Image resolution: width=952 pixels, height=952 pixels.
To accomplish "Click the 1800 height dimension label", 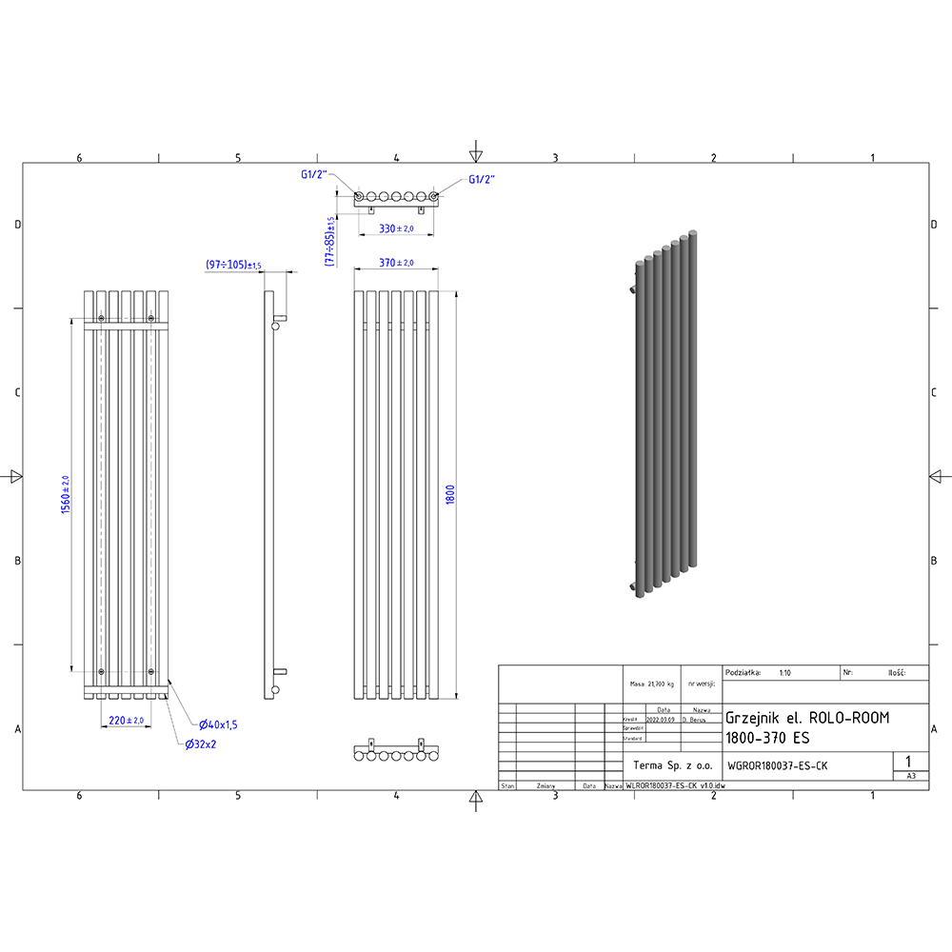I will tap(450, 495).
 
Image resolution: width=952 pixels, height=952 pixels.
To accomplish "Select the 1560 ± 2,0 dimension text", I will tap(66, 495).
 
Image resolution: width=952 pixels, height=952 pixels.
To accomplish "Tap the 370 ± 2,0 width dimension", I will tap(395, 263).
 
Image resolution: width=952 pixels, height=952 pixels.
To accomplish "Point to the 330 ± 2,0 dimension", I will tap(395, 228).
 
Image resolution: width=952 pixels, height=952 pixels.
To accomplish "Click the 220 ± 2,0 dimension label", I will tap(125, 721).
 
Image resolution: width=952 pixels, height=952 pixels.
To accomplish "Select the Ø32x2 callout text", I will tap(201, 744).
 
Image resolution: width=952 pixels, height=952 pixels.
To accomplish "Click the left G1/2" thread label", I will tap(314, 175).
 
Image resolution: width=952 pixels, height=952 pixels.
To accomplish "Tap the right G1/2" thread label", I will tap(482, 179).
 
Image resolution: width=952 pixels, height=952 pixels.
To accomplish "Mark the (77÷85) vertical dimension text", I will tap(330, 242).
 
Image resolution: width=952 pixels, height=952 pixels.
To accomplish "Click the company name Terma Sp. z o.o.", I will tap(672, 764).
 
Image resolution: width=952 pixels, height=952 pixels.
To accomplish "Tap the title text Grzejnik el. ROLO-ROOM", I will tap(807, 718).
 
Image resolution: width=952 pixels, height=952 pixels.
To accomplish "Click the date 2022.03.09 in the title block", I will tap(663, 721).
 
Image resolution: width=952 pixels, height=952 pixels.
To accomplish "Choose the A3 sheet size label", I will tap(911, 776).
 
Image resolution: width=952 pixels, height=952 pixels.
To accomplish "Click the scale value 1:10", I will tap(784, 672).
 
